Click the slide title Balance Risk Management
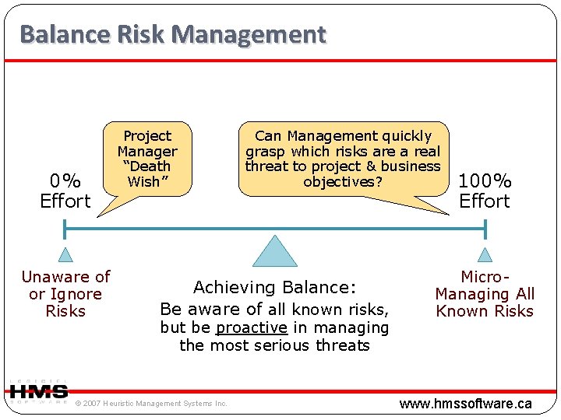tap(172, 35)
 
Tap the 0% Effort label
tap(65, 191)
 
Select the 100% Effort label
tap(485, 191)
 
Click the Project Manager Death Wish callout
tap(147, 159)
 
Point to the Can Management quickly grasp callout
tap(343, 159)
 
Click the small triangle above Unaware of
tap(65, 255)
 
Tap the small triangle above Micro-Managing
tap(485, 255)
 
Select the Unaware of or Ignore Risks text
tap(65, 294)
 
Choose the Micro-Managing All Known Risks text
tap(485, 294)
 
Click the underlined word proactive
tap(252, 327)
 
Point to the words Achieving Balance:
tap(274, 287)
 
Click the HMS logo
tap(39, 391)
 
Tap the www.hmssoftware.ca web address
tap(465, 403)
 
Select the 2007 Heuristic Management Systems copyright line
tap(151, 403)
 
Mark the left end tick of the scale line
tap(65, 229)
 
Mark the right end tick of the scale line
tap(485, 229)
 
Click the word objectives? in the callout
tap(343, 181)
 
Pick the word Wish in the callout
tap(143, 181)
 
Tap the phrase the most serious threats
tap(274, 345)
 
